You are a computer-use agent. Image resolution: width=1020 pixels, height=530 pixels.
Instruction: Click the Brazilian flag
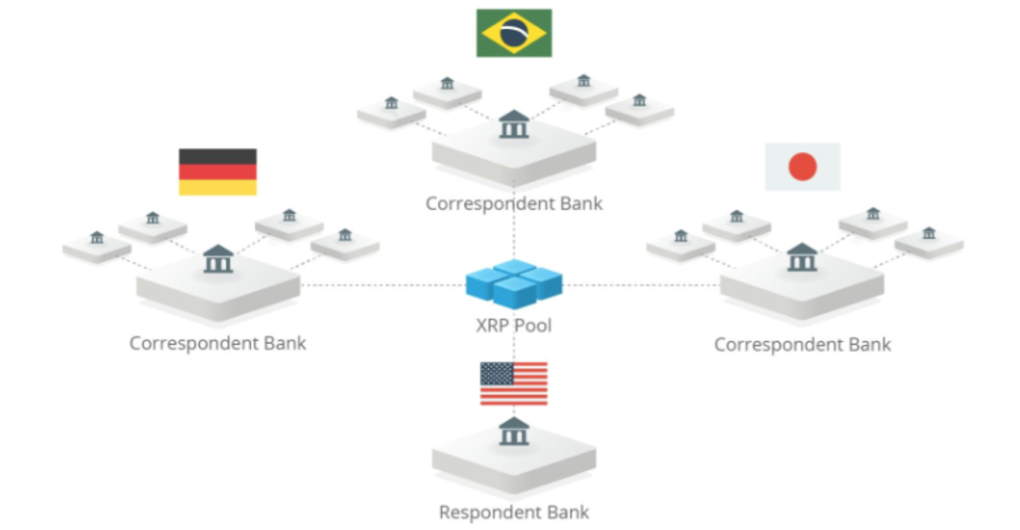point(514,33)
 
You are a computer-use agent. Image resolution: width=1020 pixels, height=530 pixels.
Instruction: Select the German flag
point(217,172)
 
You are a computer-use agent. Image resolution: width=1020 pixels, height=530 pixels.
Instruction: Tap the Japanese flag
point(803,167)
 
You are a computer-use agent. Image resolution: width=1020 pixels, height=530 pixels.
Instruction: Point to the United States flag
point(513,384)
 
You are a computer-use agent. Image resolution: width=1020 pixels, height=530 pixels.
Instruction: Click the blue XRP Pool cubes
point(514,282)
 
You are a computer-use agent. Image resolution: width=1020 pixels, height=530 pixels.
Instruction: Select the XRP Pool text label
point(514,325)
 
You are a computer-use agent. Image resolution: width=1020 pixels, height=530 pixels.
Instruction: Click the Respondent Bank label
point(514,513)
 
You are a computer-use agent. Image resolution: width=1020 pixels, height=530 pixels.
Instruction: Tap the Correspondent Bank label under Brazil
point(514,204)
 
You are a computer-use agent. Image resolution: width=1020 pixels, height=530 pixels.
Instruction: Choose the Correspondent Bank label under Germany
point(217,343)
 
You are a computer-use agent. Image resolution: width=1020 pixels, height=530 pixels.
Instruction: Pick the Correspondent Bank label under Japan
point(803,344)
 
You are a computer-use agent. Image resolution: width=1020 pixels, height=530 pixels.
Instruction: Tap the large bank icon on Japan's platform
point(802,257)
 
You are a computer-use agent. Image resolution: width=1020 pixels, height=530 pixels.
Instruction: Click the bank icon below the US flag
point(514,432)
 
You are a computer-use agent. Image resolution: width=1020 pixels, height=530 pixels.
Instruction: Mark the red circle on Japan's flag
point(803,167)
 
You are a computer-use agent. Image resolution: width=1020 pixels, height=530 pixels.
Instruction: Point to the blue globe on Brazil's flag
point(514,33)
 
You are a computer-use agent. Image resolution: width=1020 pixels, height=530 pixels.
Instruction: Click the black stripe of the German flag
point(217,156)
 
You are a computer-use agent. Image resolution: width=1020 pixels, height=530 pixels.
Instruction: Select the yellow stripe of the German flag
point(217,188)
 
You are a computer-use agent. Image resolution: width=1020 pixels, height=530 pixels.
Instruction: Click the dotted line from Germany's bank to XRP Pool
point(383,285)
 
